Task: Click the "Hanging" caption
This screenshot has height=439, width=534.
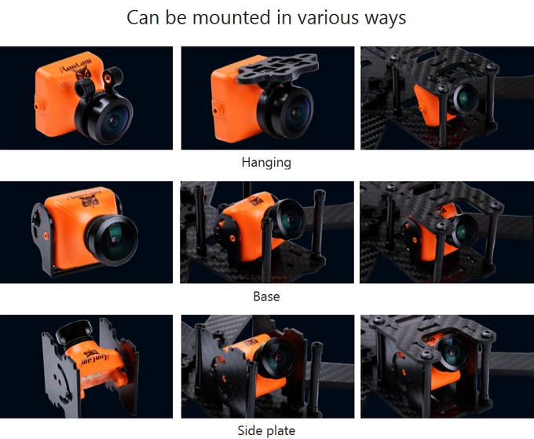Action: pyautogui.click(x=266, y=162)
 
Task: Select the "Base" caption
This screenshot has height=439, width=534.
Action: pyautogui.click(x=266, y=296)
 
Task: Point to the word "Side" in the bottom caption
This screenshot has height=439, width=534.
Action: pyautogui.click(x=251, y=430)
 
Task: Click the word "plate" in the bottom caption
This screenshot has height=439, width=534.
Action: pyautogui.click(x=281, y=431)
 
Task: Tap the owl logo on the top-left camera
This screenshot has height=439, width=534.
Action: pyautogui.click(x=83, y=72)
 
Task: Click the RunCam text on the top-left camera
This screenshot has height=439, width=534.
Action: pyautogui.click(x=76, y=65)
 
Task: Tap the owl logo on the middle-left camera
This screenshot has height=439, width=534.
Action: pyautogui.click(x=90, y=201)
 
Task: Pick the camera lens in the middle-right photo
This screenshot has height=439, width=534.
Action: pyautogui.click(x=464, y=231)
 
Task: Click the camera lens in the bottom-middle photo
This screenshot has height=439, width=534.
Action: pyautogui.click(x=276, y=357)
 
